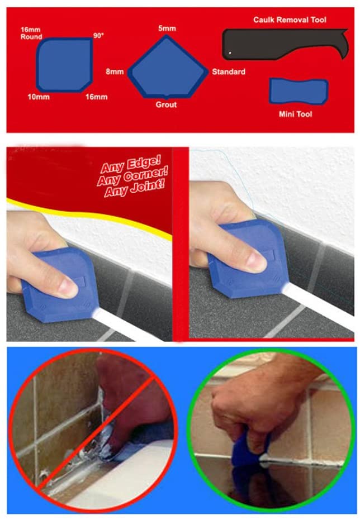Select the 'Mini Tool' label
[x=295, y=115]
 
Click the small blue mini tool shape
[x=298, y=91]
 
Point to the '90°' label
[x=99, y=35]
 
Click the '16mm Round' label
[x=31, y=33]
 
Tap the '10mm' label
[x=39, y=97]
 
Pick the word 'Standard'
[x=228, y=71]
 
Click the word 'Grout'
[x=166, y=104]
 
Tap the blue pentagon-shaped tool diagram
[x=168, y=68]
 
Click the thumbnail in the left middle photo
[x=68, y=287]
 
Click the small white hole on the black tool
[x=230, y=53]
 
